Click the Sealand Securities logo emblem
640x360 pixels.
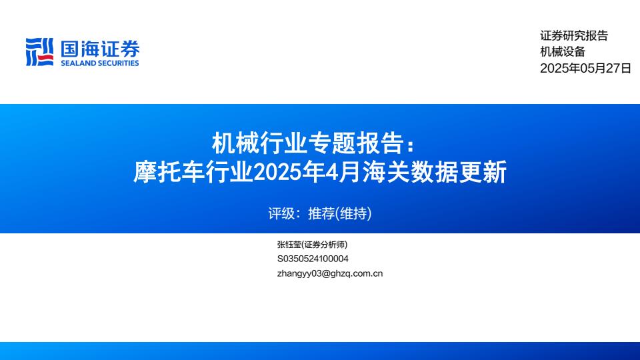tap(39, 52)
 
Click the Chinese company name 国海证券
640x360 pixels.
tap(100, 49)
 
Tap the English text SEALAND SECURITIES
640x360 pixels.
tap(100, 63)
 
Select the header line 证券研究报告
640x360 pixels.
tap(574, 35)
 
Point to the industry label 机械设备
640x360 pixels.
tap(563, 51)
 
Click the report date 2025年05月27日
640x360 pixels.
tap(586, 68)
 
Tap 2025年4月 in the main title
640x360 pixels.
tap(307, 171)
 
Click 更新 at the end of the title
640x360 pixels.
tap(483, 171)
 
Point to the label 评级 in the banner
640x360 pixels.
tap(281, 213)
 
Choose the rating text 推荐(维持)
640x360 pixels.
tap(339, 213)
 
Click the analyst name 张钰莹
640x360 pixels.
tap(289, 245)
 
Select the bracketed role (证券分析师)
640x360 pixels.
tap(325, 245)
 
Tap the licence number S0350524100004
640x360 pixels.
tap(313, 259)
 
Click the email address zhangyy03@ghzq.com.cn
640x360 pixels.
tap(330, 273)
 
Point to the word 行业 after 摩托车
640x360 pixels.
tap(229, 171)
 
